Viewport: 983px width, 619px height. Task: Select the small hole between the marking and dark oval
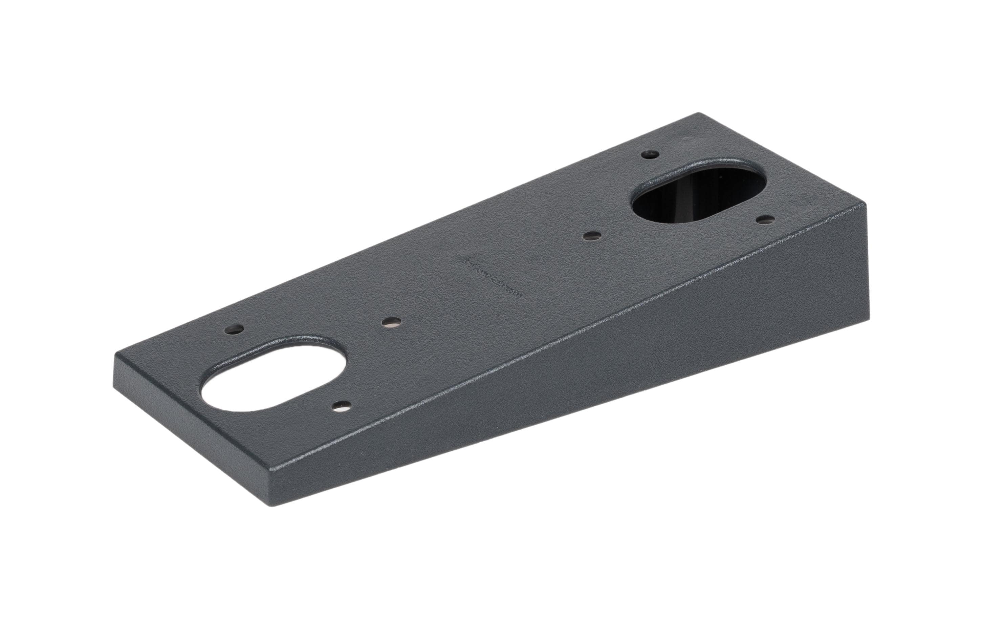pyautogui.click(x=592, y=236)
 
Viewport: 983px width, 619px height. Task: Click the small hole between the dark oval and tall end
pyautogui.click(x=766, y=219)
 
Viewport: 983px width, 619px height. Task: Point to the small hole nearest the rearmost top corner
pyautogui.click(x=650, y=155)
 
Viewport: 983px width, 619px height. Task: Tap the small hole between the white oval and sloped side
pyautogui.click(x=342, y=405)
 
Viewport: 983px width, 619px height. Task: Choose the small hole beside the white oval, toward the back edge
pyautogui.click(x=236, y=329)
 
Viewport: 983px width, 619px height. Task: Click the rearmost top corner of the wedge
pyautogui.click(x=699, y=113)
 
